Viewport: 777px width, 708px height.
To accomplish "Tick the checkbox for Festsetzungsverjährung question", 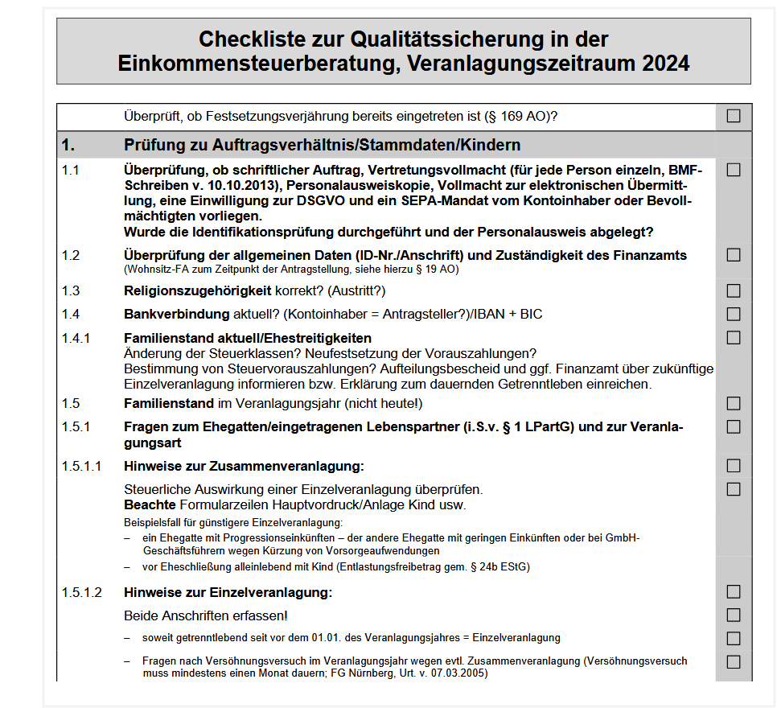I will click(x=734, y=116).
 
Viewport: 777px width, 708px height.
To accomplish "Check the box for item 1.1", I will click(x=734, y=170).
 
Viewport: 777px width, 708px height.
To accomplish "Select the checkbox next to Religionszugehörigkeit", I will click(x=734, y=290).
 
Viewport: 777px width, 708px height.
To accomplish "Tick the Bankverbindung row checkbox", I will click(x=734, y=314).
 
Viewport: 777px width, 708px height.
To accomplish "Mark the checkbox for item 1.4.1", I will click(x=734, y=338).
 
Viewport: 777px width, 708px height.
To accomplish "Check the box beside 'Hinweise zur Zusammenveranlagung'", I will click(x=734, y=466).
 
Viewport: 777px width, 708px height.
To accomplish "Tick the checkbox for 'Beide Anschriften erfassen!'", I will click(x=734, y=615).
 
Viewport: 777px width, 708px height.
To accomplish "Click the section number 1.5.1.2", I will click(x=82, y=593).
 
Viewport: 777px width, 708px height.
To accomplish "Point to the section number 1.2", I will click(x=71, y=256).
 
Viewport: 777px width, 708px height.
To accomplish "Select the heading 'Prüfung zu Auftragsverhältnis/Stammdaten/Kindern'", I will click(x=322, y=146).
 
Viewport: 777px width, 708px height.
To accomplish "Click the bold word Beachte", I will click(x=150, y=505).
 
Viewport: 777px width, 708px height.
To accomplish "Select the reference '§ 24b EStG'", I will click(x=499, y=567).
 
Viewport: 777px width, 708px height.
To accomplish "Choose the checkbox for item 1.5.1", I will click(x=734, y=426).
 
